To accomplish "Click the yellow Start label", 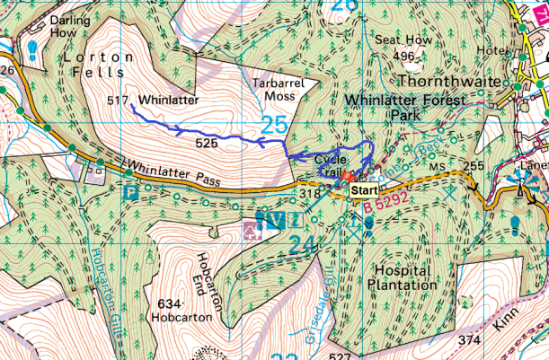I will point(364,190).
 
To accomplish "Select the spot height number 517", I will point(118,100).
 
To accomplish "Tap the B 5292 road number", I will point(387,206).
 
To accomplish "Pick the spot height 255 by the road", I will point(474,165).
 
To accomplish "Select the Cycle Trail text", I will point(334,165).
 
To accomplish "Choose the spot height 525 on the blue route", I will point(207,143).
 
